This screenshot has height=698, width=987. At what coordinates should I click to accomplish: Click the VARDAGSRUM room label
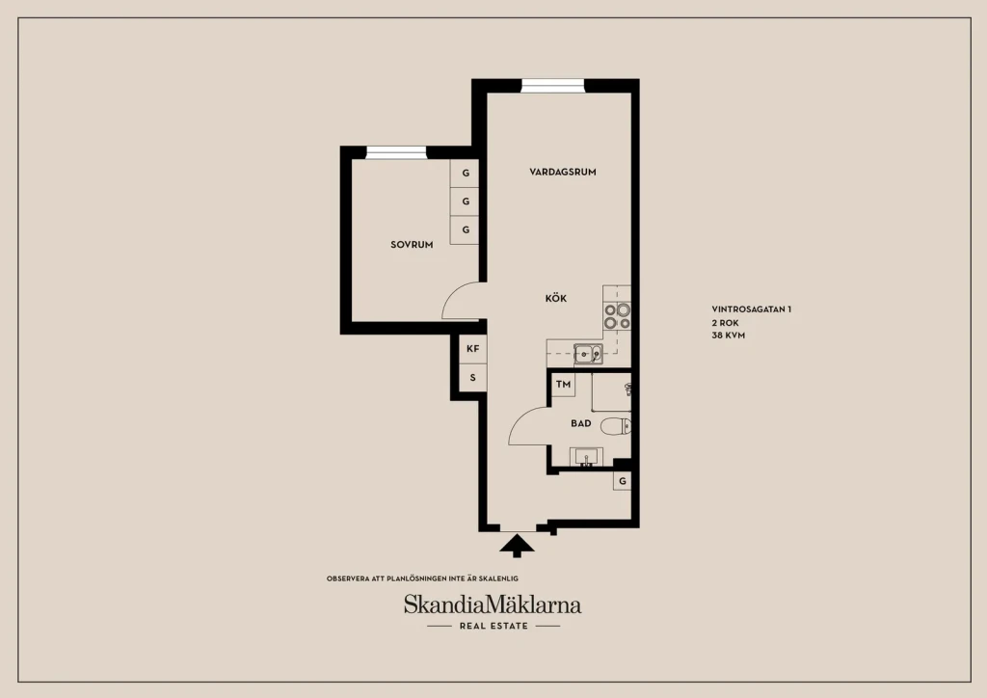[x=562, y=172]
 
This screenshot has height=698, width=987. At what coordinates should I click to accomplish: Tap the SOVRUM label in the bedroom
[x=412, y=245]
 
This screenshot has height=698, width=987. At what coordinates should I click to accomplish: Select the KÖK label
[x=556, y=298]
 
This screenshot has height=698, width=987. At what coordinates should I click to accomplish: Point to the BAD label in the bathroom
[x=581, y=423]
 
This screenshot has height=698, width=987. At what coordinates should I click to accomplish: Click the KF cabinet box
[x=472, y=349]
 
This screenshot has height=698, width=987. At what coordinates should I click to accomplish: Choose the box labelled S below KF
[x=472, y=378]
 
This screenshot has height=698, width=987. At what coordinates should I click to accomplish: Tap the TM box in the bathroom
[x=563, y=384]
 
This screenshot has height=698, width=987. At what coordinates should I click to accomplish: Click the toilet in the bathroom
[x=616, y=426]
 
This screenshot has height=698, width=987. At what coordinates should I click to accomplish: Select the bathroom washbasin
[x=586, y=457]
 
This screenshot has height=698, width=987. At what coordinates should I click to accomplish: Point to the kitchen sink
[x=588, y=355]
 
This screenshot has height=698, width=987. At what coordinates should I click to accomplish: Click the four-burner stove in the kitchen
[x=617, y=316]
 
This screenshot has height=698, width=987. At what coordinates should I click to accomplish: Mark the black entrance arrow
[x=517, y=546]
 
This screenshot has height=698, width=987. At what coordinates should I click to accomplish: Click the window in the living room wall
[x=552, y=86]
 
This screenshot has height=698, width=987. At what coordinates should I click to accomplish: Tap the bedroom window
[x=396, y=152]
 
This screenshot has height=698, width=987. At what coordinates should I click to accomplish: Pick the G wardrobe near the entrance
[x=622, y=481]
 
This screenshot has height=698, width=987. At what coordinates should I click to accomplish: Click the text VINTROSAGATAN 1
[x=752, y=309]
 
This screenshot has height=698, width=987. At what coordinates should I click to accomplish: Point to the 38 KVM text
[x=729, y=336]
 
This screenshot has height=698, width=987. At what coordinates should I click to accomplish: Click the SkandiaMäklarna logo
[x=493, y=605]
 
